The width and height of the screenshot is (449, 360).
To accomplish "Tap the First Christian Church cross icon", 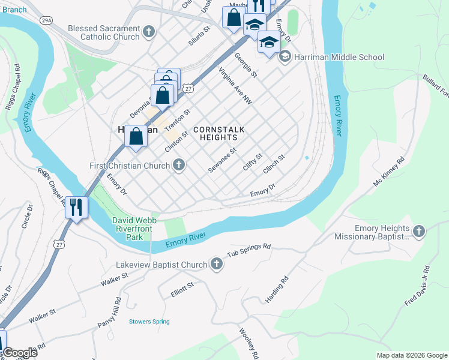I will [178, 165].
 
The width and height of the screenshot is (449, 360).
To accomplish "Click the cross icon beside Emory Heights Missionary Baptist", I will [419, 231].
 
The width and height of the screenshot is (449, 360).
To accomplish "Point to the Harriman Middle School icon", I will [284, 57].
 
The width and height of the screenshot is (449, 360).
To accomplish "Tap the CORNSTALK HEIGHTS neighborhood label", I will [218, 133].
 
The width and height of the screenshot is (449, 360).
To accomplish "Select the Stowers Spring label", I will [149, 322].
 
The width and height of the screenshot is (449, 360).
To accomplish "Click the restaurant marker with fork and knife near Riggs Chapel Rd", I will [77, 208].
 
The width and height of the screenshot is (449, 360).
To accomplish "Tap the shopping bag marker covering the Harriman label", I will [136, 136].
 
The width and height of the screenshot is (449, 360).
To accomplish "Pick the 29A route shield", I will [46, 20].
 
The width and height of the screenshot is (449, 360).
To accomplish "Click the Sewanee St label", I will [223, 160].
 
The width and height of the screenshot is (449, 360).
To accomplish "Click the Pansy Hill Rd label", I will [110, 313].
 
